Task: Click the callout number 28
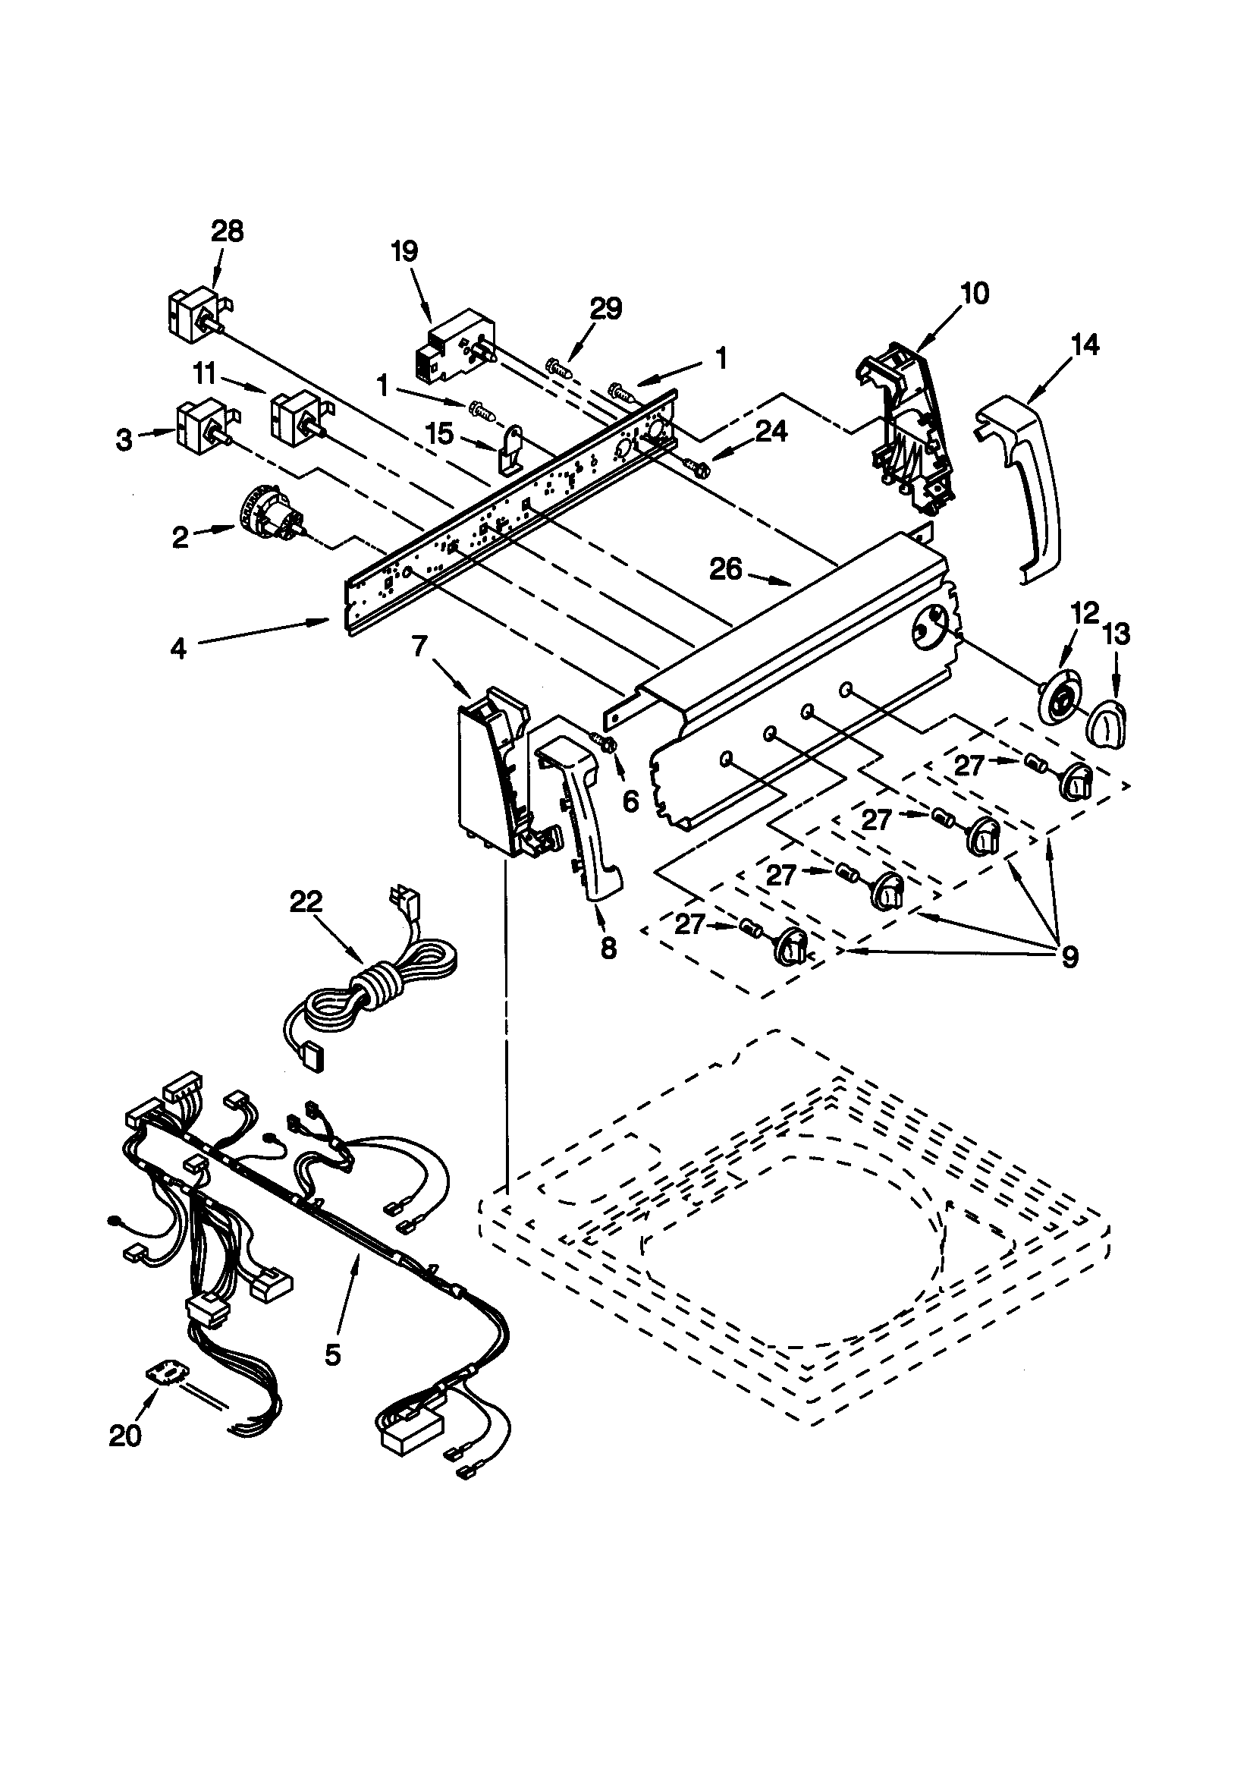pos(227,231)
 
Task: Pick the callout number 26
pos(726,569)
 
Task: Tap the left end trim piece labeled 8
pos(587,819)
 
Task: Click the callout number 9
pos(1069,958)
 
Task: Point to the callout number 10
pos(974,294)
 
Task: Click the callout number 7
pos(419,646)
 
